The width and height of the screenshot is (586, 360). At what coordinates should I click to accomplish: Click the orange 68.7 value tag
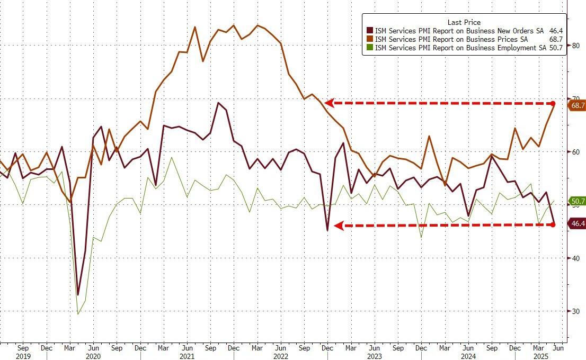577,105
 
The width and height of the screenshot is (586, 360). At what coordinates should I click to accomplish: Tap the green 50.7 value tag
577,201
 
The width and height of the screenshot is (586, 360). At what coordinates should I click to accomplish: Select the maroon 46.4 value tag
577,224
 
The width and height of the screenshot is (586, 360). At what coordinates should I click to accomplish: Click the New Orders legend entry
460,31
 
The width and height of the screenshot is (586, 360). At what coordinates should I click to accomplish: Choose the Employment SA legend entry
458,48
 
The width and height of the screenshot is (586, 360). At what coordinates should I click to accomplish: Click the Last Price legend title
464,22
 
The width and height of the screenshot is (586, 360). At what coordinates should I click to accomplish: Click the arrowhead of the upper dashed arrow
329,103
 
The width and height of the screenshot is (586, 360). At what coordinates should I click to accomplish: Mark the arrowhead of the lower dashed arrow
337,226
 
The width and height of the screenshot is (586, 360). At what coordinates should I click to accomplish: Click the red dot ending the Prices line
553,103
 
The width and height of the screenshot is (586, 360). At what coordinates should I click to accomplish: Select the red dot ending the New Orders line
553,224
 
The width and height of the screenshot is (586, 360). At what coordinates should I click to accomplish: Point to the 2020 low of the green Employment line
78,314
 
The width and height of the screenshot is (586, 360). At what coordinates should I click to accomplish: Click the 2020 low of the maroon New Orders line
78,294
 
